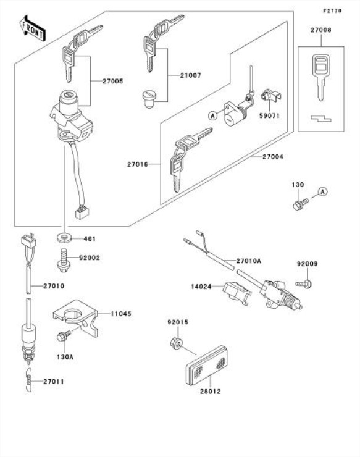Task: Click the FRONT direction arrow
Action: [x=33, y=28]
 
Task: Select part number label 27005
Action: [x=113, y=81]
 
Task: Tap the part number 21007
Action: [x=190, y=75]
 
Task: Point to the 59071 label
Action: [x=270, y=115]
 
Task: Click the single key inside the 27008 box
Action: [x=320, y=77]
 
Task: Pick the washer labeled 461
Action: [x=64, y=238]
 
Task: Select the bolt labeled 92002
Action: [x=62, y=260]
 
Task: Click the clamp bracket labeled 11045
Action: [x=76, y=317]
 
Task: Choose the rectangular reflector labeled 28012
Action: [x=207, y=365]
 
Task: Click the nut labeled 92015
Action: [x=176, y=343]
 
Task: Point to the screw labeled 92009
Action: [x=303, y=283]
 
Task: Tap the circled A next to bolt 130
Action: [x=322, y=191]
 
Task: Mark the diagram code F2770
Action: [x=332, y=11]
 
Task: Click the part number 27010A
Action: [x=248, y=261]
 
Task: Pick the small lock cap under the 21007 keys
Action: [x=149, y=99]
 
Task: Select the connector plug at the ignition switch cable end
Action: [x=82, y=212]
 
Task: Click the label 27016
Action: [x=138, y=164]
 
